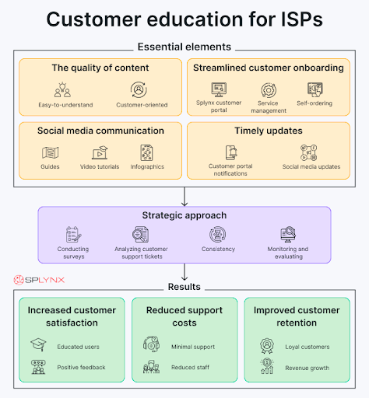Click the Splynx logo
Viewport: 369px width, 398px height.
(x=39, y=280)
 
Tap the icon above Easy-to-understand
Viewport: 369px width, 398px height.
(x=62, y=89)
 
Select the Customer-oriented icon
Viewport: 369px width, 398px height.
(x=139, y=89)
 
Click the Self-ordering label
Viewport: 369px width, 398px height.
(x=315, y=103)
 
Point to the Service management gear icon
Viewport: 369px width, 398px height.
(x=269, y=90)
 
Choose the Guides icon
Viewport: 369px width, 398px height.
(x=50, y=152)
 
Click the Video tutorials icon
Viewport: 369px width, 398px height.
(x=100, y=152)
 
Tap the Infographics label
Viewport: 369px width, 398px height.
(x=147, y=166)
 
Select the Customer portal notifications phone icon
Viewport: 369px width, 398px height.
(x=231, y=152)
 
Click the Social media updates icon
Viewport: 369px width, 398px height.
(x=308, y=152)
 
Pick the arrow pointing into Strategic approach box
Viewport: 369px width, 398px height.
(x=184, y=197)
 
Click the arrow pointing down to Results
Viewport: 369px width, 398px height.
(x=184, y=272)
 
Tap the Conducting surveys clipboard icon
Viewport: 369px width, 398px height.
(x=73, y=235)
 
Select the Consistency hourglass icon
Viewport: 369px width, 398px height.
(x=217, y=235)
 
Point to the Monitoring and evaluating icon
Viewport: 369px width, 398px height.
(x=288, y=234)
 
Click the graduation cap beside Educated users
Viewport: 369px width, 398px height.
(x=38, y=344)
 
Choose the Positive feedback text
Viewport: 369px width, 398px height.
(x=81, y=367)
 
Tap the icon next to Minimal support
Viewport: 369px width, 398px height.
(x=151, y=344)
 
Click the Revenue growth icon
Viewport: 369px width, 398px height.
(x=267, y=366)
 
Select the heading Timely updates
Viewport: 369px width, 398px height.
(x=269, y=131)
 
